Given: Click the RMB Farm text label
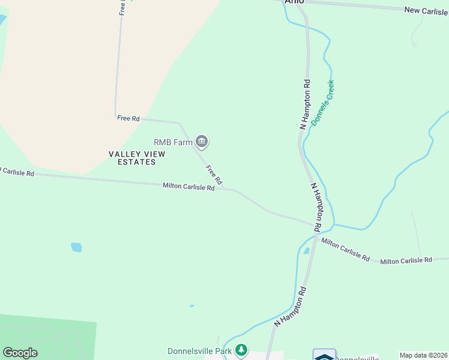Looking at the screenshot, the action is (173, 142).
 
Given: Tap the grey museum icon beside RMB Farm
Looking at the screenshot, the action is (202, 142).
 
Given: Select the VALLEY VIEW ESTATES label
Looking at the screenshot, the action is (137, 158).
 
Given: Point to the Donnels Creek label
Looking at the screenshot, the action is (322, 103).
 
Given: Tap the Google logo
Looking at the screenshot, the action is (20, 353).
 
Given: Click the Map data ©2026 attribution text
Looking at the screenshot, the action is (423, 355).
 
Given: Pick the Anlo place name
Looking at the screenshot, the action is (295, 2).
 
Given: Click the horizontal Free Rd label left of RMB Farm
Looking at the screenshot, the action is (128, 118).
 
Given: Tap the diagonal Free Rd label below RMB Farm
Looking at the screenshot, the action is (214, 175).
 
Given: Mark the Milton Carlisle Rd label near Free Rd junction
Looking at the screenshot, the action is (188, 187).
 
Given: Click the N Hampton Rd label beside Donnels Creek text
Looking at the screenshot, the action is (306, 104).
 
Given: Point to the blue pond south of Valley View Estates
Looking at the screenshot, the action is (76, 247).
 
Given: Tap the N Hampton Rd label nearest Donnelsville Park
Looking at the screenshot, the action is (291, 306).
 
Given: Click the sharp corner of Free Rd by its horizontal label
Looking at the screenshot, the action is (115, 116).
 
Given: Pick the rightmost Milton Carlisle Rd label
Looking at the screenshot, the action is (406, 260).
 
